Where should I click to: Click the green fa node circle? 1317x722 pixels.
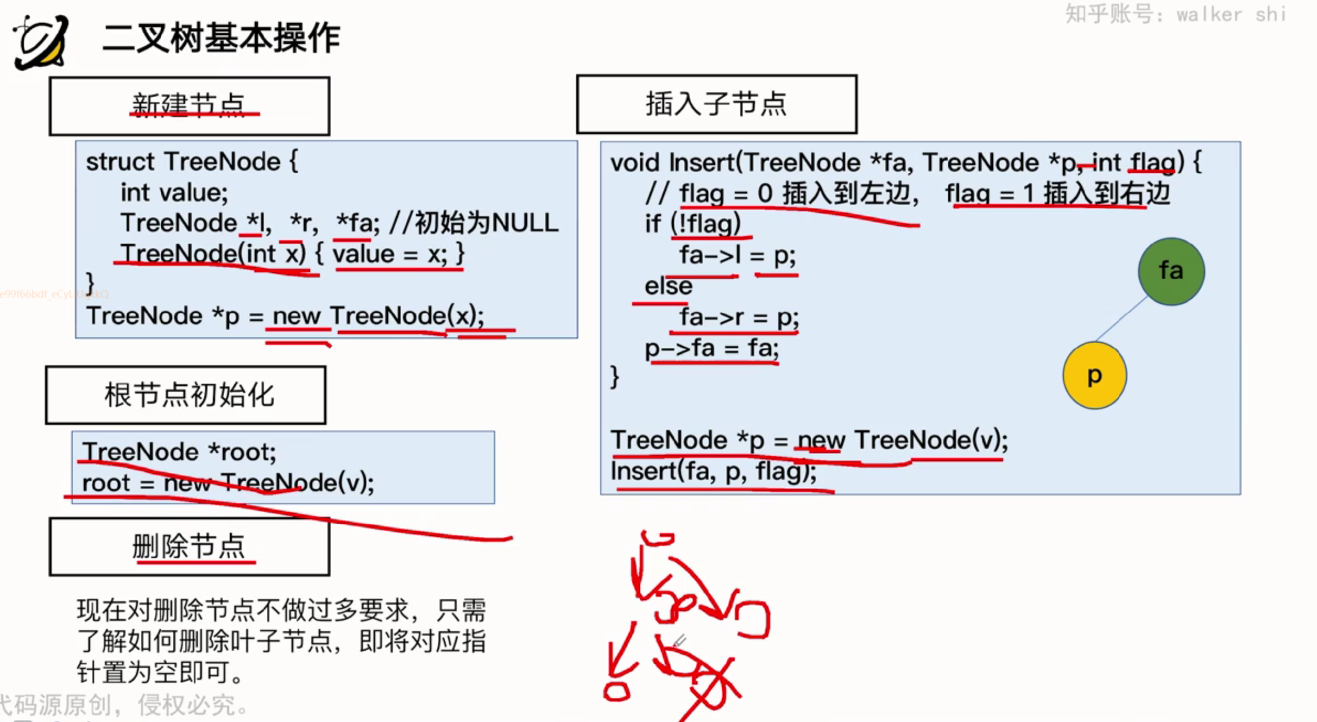click(x=1171, y=271)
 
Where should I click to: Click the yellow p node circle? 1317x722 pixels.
click(x=1094, y=375)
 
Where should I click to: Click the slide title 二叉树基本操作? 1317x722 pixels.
click(x=221, y=39)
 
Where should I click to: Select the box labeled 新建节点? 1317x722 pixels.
click(x=190, y=106)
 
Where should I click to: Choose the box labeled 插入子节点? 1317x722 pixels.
click(x=716, y=104)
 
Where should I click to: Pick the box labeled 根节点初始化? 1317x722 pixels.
click(x=186, y=395)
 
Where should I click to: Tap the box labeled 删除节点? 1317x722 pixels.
click(x=190, y=547)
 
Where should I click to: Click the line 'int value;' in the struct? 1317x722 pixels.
click(x=174, y=193)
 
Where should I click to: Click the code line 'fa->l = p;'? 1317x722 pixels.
click(x=738, y=255)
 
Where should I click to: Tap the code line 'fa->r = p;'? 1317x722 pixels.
click(x=739, y=317)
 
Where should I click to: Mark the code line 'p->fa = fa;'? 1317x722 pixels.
click(x=711, y=348)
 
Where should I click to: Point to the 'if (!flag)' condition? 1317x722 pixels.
click(x=692, y=224)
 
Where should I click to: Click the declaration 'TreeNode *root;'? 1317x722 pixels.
click(x=179, y=452)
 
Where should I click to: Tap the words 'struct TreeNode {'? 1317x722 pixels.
click(x=192, y=162)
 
